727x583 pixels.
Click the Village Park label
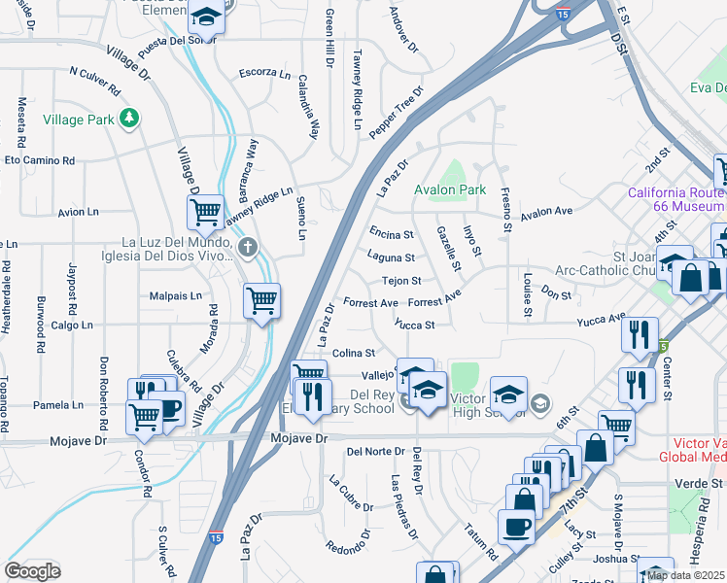coord(79,120)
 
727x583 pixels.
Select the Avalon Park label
coord(449,189)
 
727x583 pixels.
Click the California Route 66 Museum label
coord(677,199)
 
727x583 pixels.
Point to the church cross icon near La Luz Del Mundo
coord(248,247)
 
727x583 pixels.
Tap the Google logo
coord(32,571)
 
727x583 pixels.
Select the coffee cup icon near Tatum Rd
coord(516,526)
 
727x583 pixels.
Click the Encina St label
coord(392,234)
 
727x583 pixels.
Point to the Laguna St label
coord(391,257)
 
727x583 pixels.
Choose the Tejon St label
coord(400,281)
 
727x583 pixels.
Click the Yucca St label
coord(415,326)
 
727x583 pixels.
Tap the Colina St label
coord(354,353)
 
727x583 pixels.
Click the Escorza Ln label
coord(264,73)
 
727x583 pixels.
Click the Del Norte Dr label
coord(374,452)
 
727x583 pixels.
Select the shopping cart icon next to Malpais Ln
coord(262,300)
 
